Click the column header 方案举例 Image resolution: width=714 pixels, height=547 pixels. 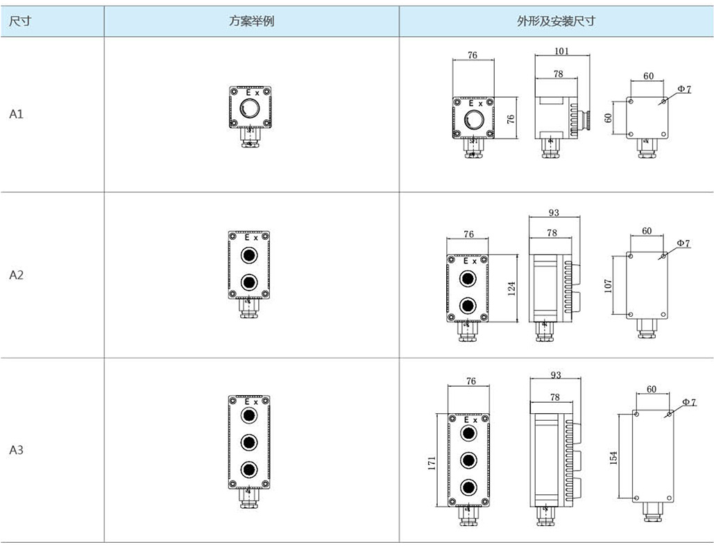(x=251, y=21)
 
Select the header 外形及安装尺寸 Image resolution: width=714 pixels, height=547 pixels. (x=556, y=21)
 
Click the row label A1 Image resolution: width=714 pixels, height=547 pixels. (x=17, y=114)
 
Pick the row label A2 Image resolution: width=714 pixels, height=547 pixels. (x=17, y=275)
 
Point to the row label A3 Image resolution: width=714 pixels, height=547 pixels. (x=17, y=450)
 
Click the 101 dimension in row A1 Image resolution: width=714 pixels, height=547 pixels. (x=562, y=51)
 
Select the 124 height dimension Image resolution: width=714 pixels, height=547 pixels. (x=511, y=288)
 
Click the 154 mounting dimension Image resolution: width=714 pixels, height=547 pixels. (x=613, y=458)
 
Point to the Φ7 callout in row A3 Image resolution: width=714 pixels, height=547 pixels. (x=688, y=402)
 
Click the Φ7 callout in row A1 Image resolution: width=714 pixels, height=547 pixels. (x=683, y=89)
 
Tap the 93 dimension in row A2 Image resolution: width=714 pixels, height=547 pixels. (x=554, y=212)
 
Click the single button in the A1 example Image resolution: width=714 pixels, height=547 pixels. (x=249, y=108)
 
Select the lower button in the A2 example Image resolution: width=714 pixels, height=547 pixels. (x=248, y=282)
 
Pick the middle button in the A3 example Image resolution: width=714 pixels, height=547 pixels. (x=248, y=442)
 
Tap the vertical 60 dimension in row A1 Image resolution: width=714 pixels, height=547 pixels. (x=609, y=118)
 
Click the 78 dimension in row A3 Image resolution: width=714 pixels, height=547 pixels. (x=554, y=397)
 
